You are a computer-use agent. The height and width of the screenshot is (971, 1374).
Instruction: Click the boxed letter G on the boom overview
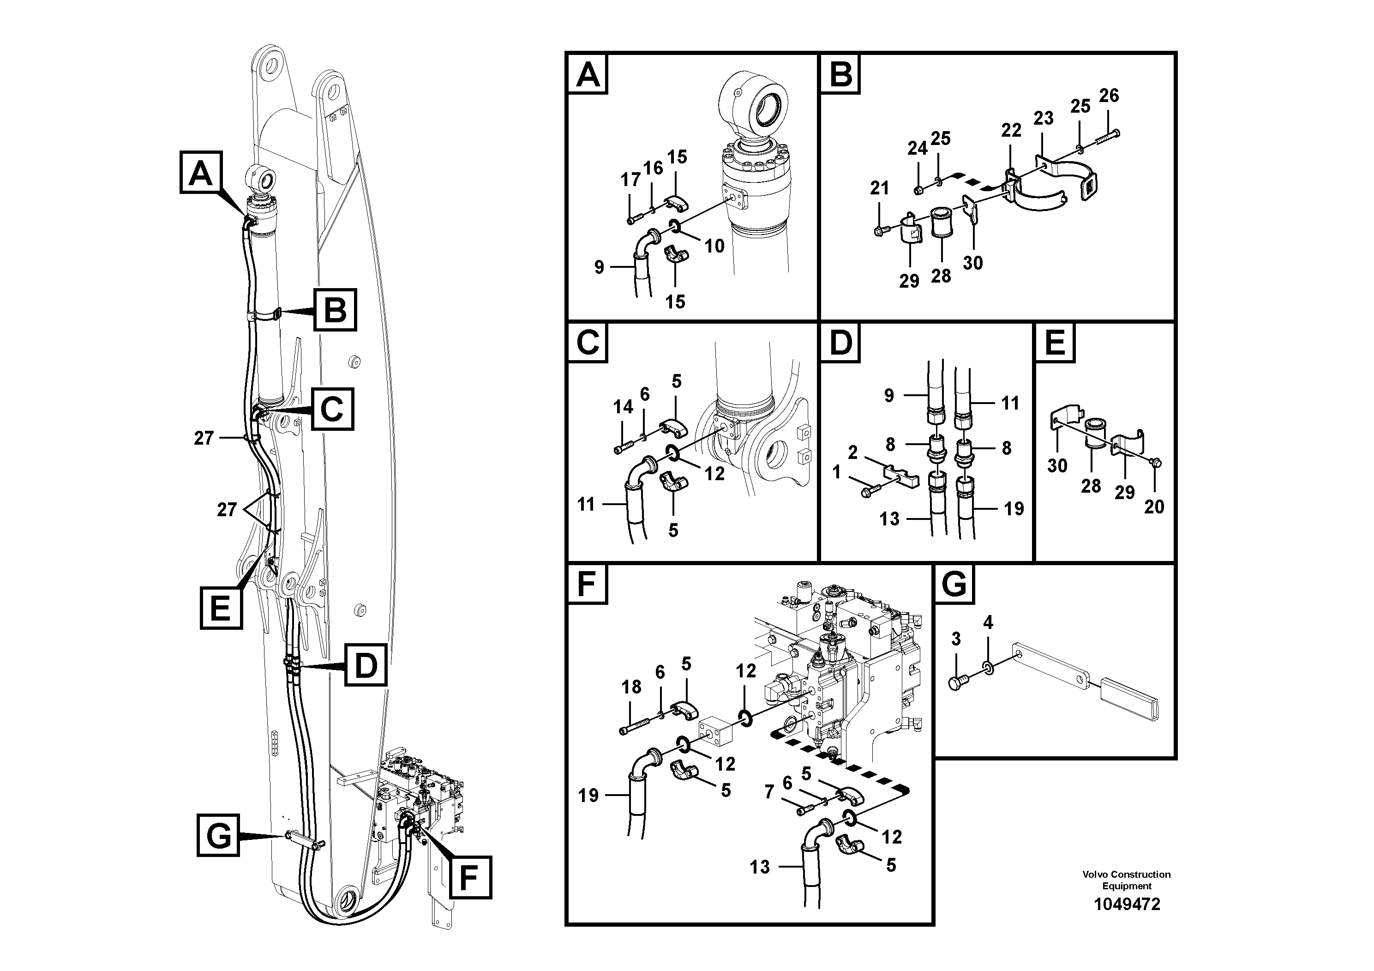(x=218, y=835)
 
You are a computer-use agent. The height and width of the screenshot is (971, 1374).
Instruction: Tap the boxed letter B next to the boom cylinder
(x=335, y=310)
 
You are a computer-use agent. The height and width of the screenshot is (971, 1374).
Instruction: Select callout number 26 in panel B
(x=1109, y=96)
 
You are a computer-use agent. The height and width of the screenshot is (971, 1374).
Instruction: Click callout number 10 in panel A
(x=714, y=246)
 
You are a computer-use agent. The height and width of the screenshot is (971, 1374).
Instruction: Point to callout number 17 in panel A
(x=630, y=179)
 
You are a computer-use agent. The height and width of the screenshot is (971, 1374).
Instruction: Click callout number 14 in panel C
(x=623, y=407)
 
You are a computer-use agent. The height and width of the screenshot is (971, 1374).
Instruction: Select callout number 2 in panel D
(x=853, y=452)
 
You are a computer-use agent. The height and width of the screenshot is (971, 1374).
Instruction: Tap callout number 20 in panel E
(x=1154, y=507)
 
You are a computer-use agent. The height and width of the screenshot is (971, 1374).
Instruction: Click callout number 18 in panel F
(x=631, y=687)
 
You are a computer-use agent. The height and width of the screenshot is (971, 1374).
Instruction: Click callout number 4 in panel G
(x=988, y=622)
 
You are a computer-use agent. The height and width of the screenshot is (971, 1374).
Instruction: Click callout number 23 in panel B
(x=1043, y=119)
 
